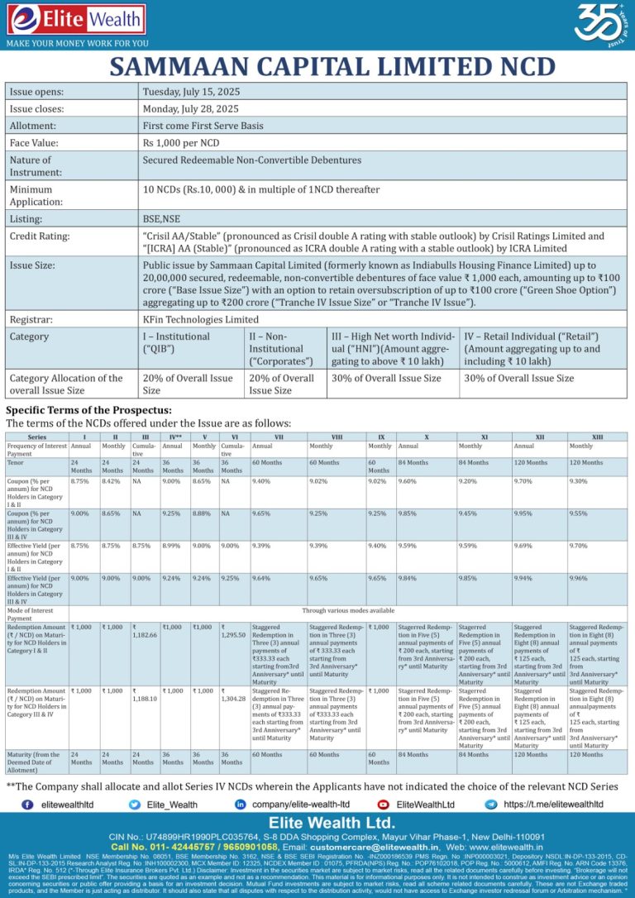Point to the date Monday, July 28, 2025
point(191,108)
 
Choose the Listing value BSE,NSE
point(161,219)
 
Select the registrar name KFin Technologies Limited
point(201,319)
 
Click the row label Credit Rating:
point(40,236)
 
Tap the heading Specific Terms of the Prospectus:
point(88,410)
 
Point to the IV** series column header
point(175,437)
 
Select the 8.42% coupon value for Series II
point(112,480)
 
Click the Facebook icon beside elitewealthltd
point(27,804)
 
